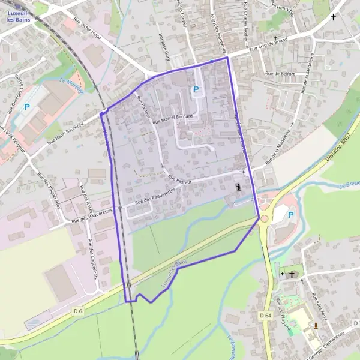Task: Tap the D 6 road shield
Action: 77,311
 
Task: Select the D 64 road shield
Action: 266,315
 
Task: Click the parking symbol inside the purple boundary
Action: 196,90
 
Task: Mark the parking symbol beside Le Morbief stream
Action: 26,107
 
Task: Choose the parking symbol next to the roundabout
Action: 291,215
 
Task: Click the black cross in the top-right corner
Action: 334,17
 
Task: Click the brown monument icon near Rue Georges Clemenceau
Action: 315,326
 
